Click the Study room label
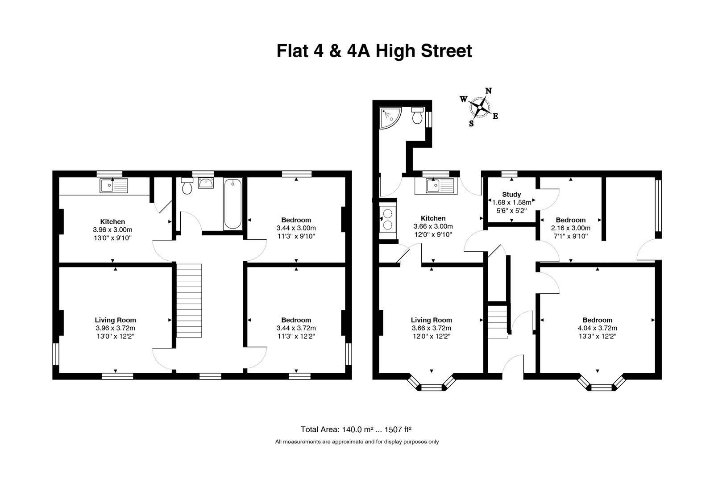click(x=511, y=195)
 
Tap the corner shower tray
click(x=390, y=118)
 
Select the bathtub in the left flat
click(x=232, y=204)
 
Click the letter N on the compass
click(x=488, y=91)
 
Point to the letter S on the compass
click(x=471, y=123)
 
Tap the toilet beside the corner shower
click(x=417, y=115)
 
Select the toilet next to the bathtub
click(x=187, y=186)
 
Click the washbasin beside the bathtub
click(x=206, y=183)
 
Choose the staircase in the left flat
click(x=189, y=300)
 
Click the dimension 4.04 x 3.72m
click(x=598, y=328)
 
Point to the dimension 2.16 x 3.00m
click(x=571, y=228)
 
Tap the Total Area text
click(x=356, y=429)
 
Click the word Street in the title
click(x=446, y=51)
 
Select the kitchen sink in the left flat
click(x=114, y=186)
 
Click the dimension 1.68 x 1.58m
click(x=511, y=203)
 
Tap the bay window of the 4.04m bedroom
click(x=602, y=384)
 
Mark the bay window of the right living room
click(x=431, y=384)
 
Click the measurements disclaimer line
click(x=357, y=442)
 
